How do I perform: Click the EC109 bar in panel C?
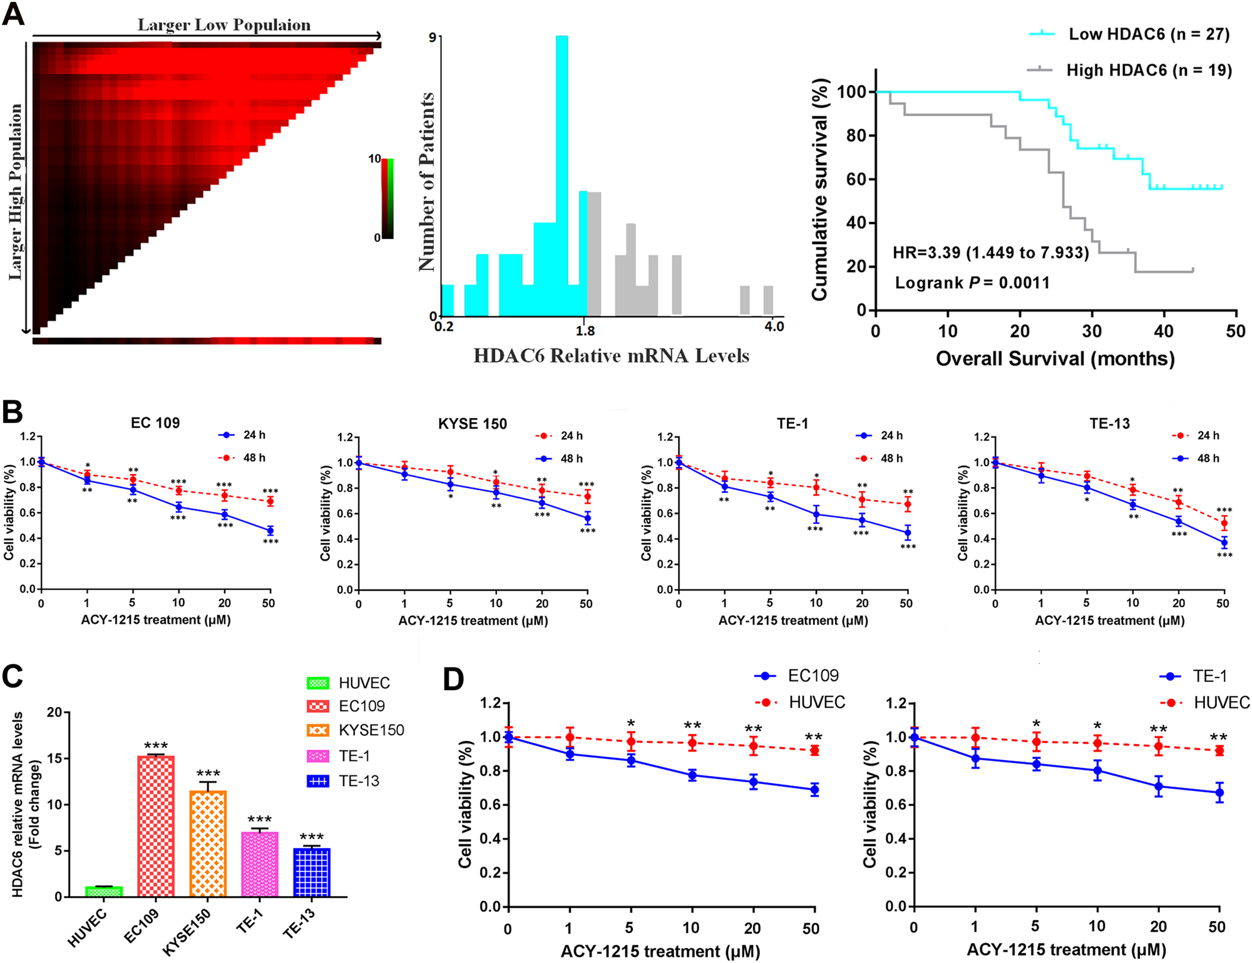tap(156, 826)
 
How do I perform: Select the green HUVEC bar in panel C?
tap(104, 891)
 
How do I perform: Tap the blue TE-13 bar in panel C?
tap(312, 872)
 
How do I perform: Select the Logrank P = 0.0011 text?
tap(972, 283)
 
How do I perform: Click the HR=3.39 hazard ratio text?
tap(990, 253)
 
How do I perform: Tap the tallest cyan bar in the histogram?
tap(562, 175)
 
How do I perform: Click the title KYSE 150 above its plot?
tap(472, 424)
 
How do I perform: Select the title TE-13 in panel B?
tap(1109, 424)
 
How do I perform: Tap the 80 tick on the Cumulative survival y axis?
tap(855, 136)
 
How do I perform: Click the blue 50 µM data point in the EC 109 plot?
tap(270, 531)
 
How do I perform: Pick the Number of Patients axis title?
tap(426, 181)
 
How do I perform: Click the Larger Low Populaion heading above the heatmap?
tap(223, 25)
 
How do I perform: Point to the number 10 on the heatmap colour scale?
tap(374, 159)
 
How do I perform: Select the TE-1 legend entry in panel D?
tap(1209, 676)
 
